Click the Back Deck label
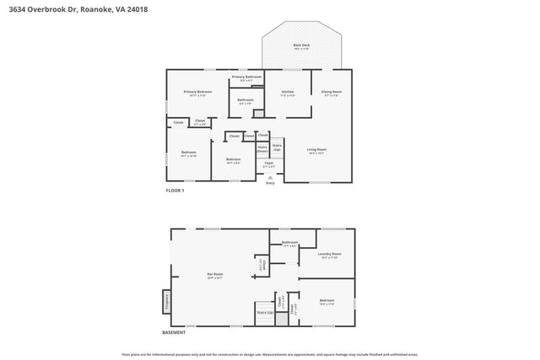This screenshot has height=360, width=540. coord(300,46)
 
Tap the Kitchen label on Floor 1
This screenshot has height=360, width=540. coord(288,93)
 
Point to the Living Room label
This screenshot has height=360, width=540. coord(317,151)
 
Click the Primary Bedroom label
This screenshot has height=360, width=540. coord(197,93)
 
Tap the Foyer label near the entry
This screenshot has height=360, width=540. coord(269,164)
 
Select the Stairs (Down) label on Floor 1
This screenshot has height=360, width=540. coord(262,148)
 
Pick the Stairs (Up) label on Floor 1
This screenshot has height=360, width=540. coord(277,147)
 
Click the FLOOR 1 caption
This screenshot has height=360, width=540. coord(174,191)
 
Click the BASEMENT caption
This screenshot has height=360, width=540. coord(174,332)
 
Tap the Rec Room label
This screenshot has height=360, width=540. coord(216,274)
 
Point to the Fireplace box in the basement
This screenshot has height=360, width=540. coord(166,301)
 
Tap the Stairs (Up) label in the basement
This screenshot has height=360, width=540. coord(264,312)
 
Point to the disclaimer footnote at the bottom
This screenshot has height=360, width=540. coord(270,354)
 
